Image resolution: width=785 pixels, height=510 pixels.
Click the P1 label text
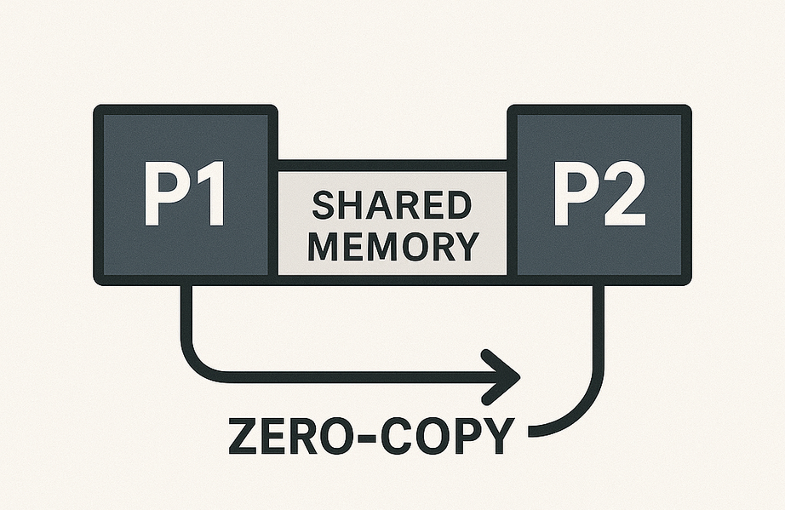(184, 196)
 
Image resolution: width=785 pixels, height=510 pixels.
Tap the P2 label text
(599, 196)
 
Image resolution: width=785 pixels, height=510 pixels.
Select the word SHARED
(392, 206)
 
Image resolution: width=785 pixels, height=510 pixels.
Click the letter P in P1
(162, 196)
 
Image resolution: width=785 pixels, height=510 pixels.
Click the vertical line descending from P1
(184, 315)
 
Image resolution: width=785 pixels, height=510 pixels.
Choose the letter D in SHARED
(457, 206)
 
